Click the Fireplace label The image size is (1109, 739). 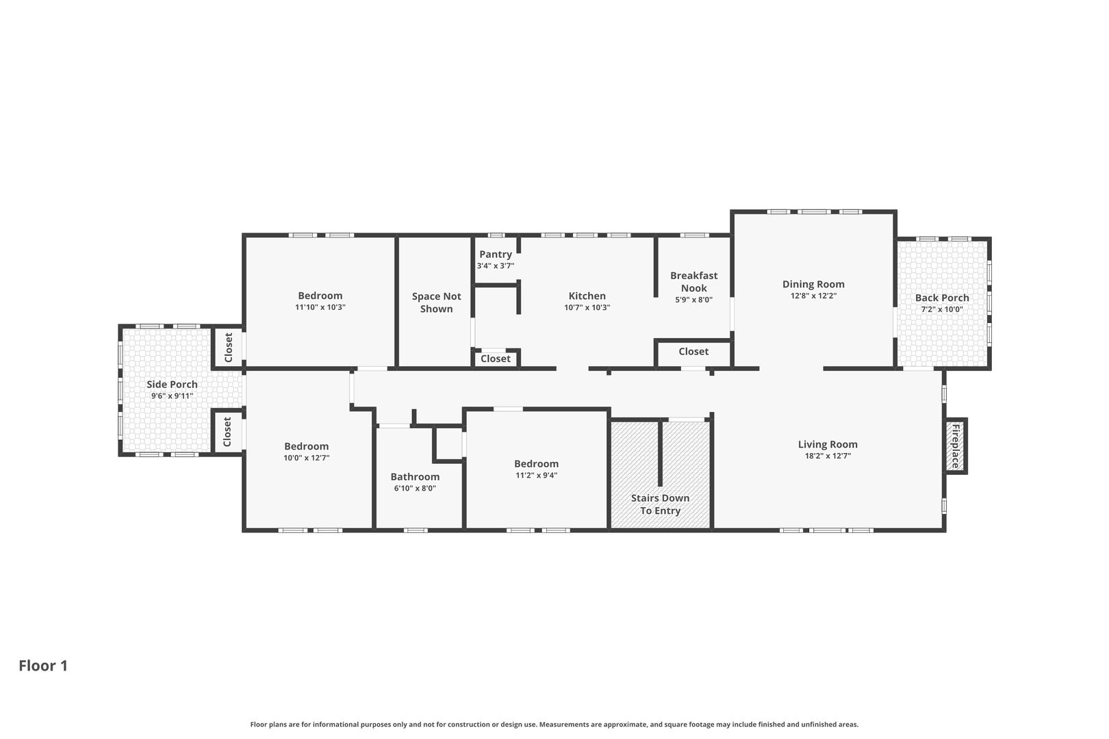pos(956,446)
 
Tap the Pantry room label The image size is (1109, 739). pos(496,255)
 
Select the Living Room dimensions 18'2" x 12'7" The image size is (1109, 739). pos(828,456)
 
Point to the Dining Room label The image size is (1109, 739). pos(813,284)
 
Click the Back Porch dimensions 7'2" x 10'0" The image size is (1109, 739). pos(942,309)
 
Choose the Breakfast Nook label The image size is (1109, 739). pos(693,282)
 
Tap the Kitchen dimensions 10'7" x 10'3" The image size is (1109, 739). pos(587,307)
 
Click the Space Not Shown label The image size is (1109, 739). pos(436,302)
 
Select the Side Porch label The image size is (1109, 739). pos(172,384)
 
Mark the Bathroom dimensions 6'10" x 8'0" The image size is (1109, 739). pos(415,489)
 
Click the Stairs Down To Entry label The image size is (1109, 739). pos(660,504)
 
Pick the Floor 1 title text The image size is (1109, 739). pos(43,666)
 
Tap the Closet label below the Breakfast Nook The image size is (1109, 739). pos(693,352)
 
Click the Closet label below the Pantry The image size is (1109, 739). pos(495,359)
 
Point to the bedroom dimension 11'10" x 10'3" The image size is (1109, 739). pos(320,307)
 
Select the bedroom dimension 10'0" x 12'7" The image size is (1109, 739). pos(307,458)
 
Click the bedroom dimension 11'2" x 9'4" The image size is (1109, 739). pos(536,476)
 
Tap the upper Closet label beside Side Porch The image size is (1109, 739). pos(228,348)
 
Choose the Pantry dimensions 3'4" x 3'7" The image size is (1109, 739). pos(496,265)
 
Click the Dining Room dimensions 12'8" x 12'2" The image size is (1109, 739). pos(813,296)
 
